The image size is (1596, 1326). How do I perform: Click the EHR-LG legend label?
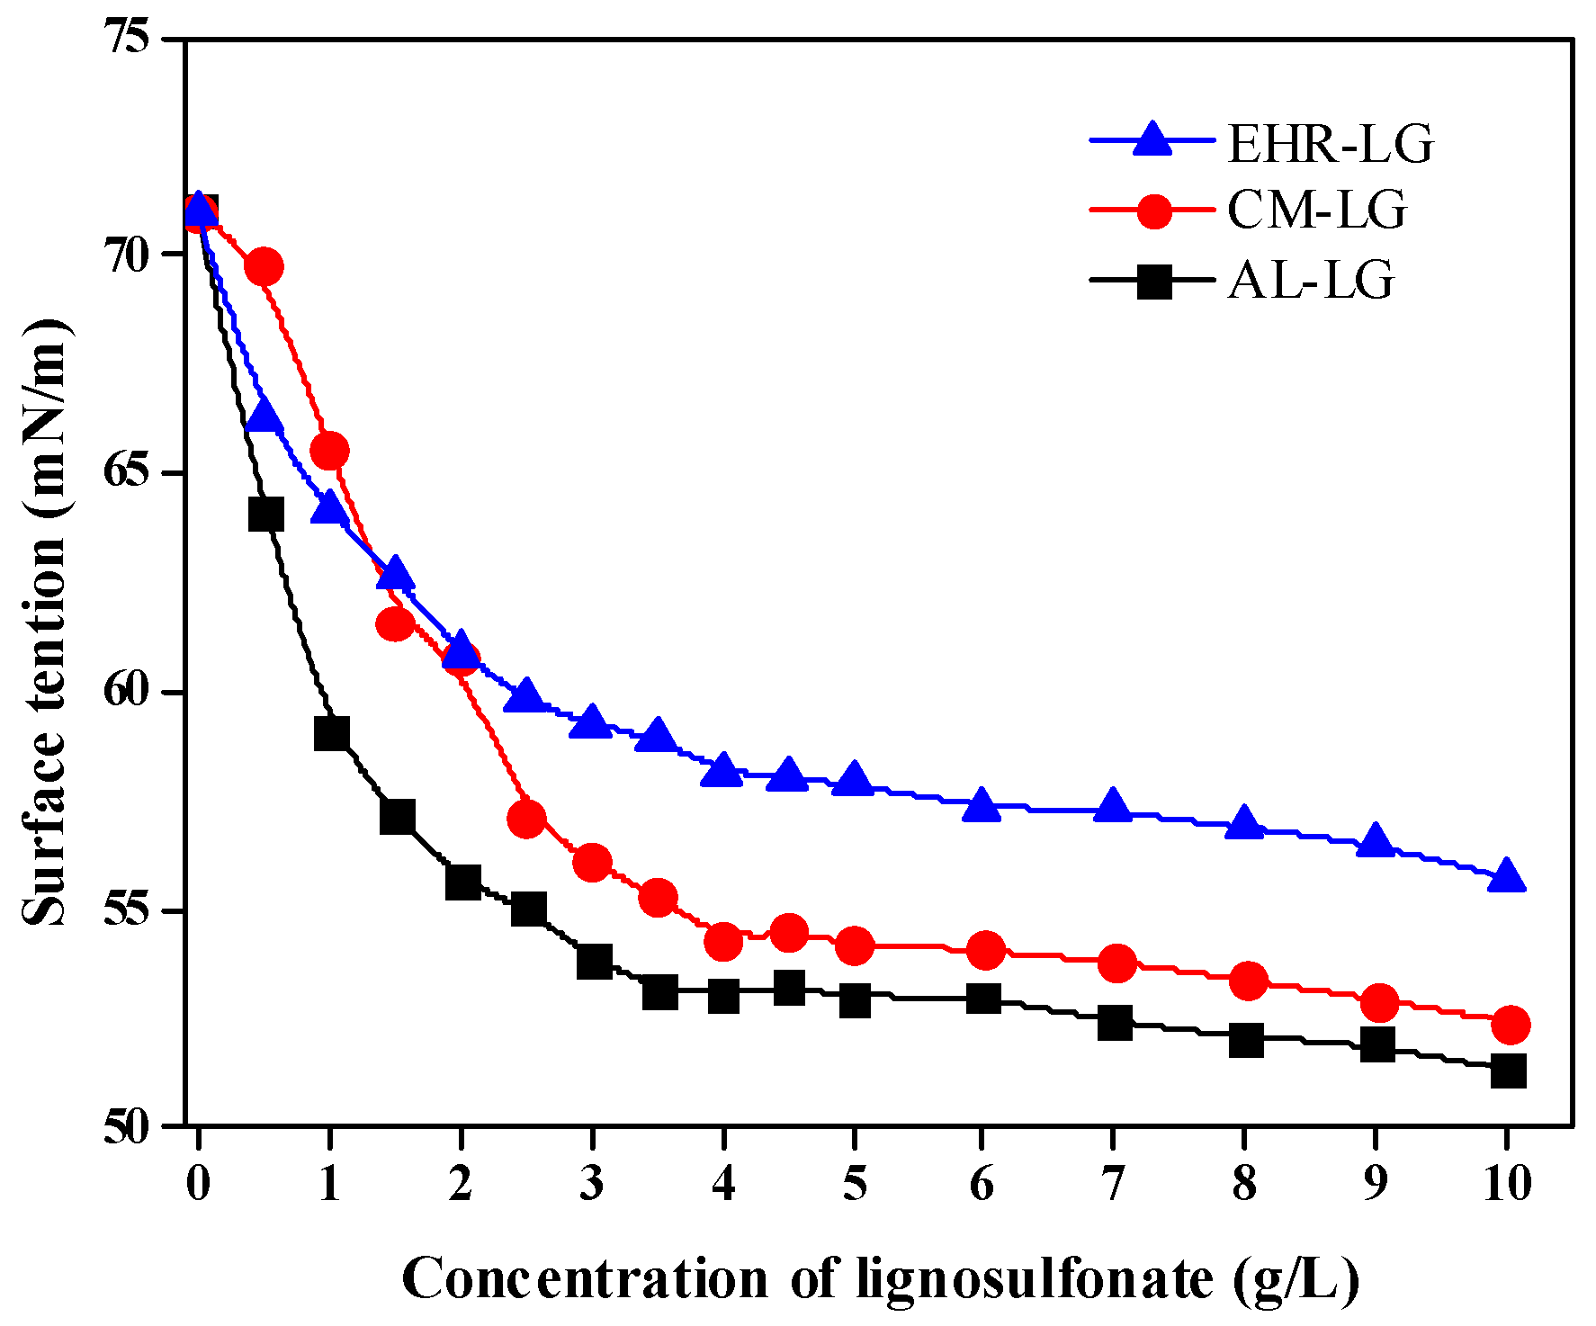[1330, 143]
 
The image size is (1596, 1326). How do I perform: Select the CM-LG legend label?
[1316, 211]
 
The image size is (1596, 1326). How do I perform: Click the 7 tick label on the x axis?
[1114, 1183]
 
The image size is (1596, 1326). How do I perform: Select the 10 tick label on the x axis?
[1507, 1183]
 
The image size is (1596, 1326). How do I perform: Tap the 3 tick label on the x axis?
[591, 1183]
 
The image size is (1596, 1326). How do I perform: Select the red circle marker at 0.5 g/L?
[265, 267]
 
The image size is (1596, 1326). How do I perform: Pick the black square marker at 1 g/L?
[331, 733]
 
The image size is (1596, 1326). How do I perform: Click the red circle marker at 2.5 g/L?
[526, 819]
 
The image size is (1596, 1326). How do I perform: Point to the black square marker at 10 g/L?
[1508, 1071]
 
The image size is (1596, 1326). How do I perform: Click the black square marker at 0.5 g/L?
[265, 515]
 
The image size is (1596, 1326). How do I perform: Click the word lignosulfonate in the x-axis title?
[1035, 1278]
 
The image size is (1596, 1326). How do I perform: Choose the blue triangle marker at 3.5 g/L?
[657, 737]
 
